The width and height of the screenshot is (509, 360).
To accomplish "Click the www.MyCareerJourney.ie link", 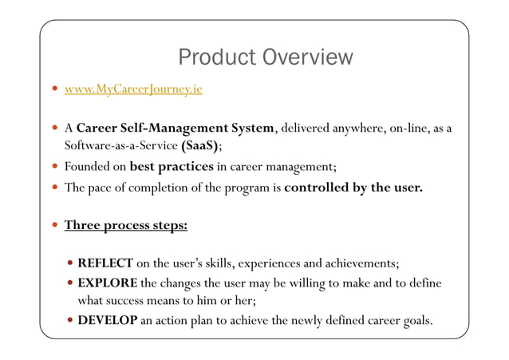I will coord(133,89).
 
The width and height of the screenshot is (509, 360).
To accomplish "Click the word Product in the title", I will coord(215,57).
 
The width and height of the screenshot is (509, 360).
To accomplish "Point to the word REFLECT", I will coord(105,263).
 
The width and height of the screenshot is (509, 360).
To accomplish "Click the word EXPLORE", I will coord(108,283).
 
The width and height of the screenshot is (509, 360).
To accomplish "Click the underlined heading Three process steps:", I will coord(126,225).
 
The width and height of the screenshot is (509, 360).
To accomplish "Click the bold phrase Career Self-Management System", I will coord(176,128).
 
